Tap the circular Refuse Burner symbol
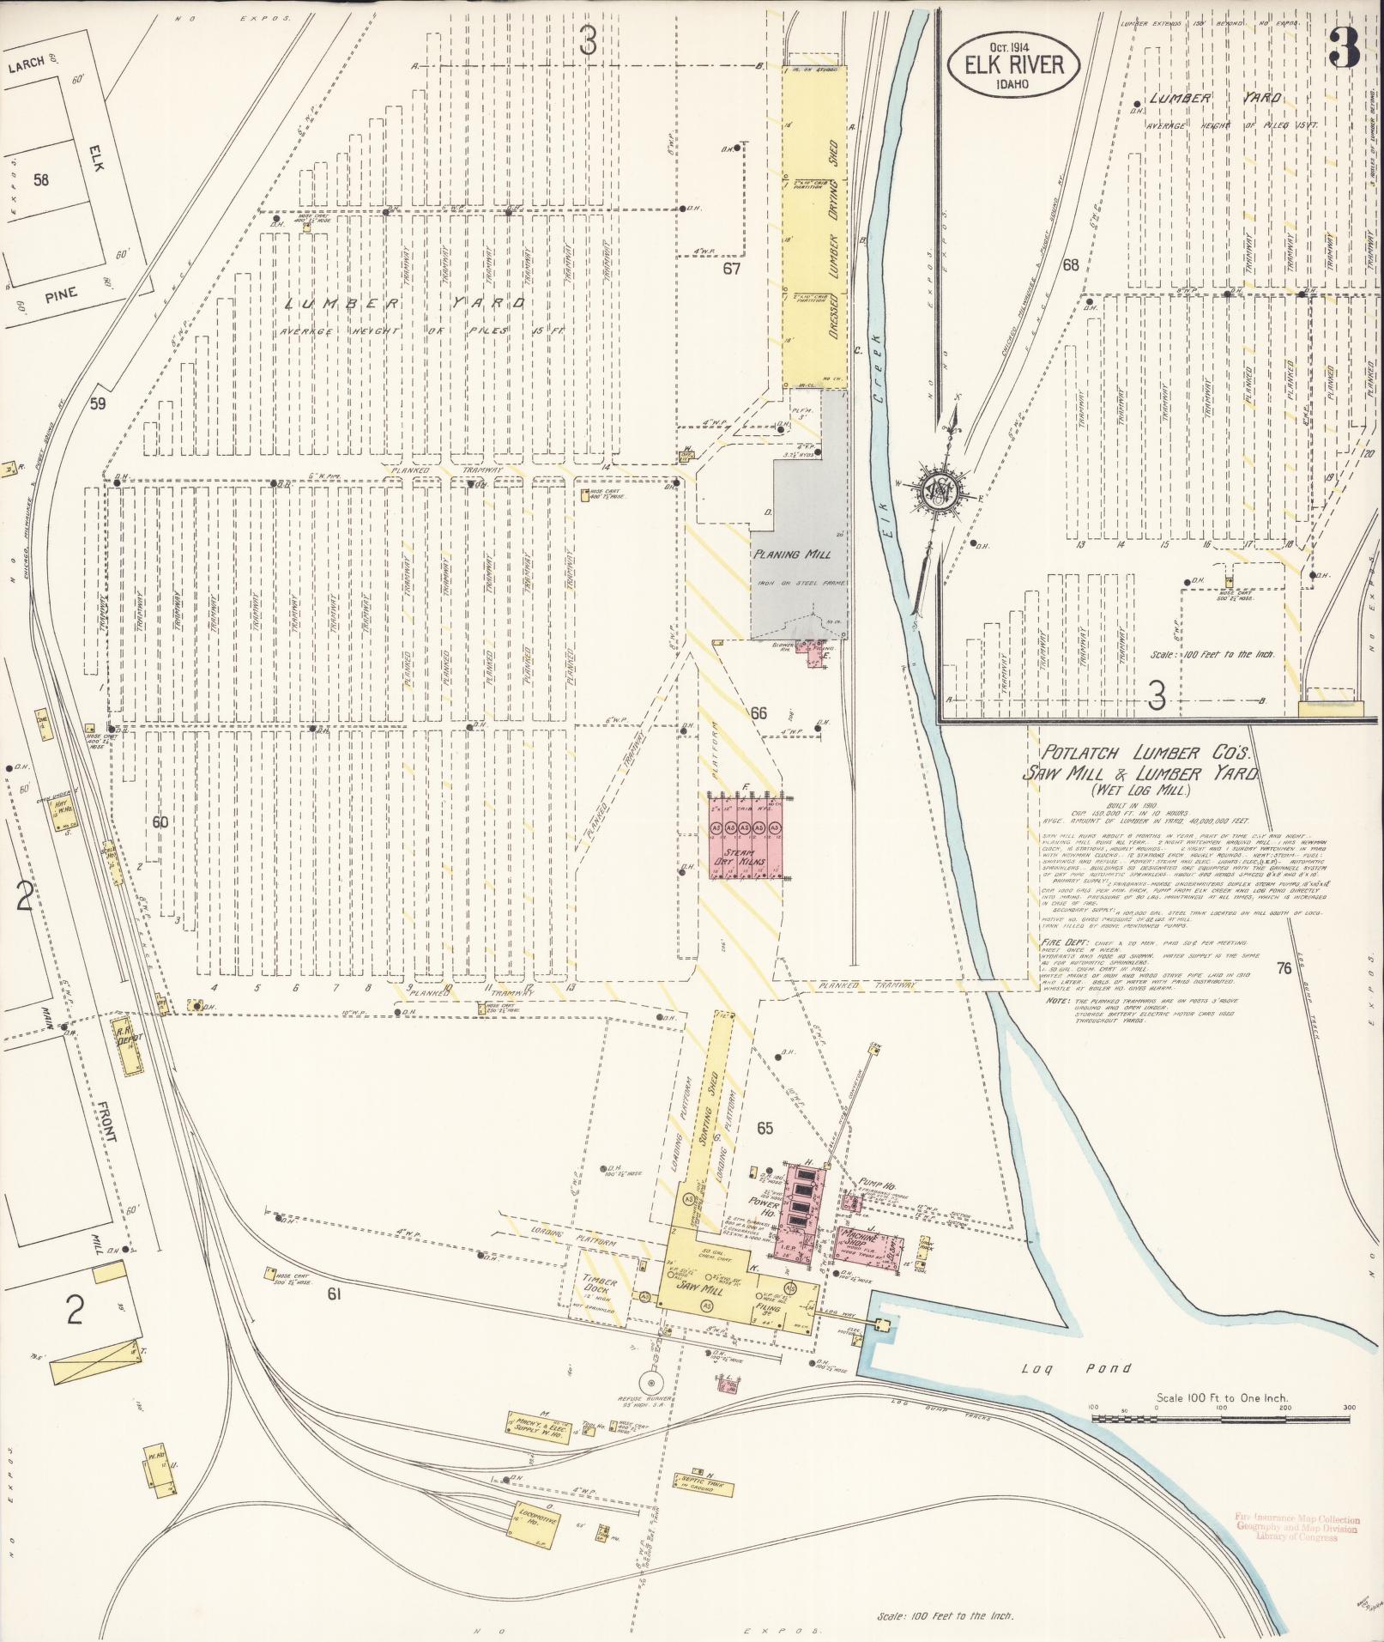(650, 1383)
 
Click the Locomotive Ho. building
(538, 1521)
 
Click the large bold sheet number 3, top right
(1344, 52)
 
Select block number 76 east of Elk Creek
(1284, 969)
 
